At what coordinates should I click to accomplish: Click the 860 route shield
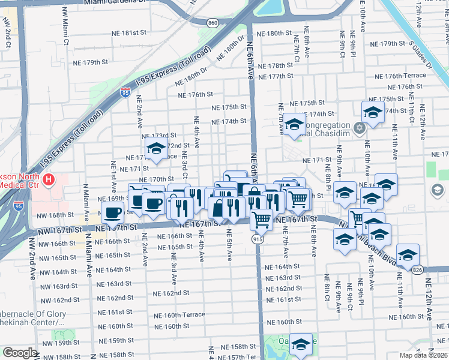[212, 22]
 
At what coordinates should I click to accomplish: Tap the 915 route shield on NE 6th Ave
[256, 239]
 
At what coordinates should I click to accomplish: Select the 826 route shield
[417, 270]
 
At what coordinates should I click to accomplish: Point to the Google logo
[20, 353]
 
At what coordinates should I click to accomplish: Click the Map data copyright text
[424, 355]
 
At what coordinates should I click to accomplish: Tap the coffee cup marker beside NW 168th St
[113, 212]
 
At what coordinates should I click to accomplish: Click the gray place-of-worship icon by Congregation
[360, 128]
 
